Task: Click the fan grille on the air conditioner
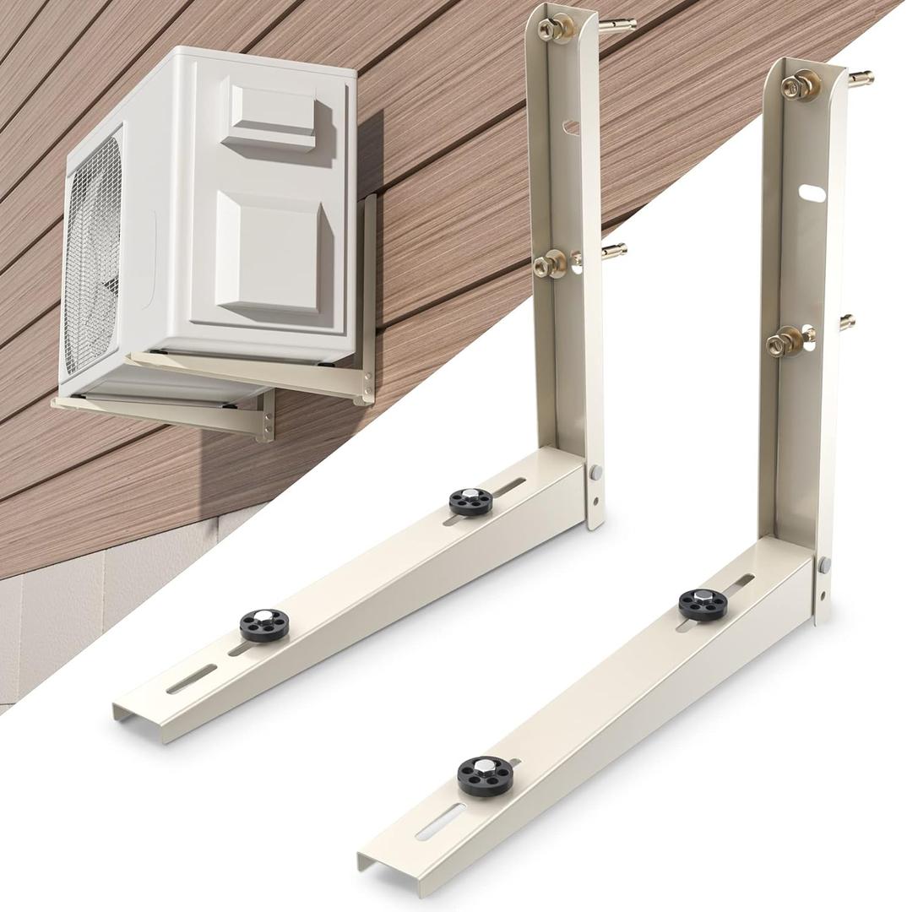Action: pos(93,253)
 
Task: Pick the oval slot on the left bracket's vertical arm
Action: pos(572,127)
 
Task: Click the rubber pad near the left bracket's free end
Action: pos(263,625)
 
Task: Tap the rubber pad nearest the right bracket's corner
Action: pos(703,603)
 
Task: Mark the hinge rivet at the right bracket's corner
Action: pos(824,564)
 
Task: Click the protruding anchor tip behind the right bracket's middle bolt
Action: pos(847,321)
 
